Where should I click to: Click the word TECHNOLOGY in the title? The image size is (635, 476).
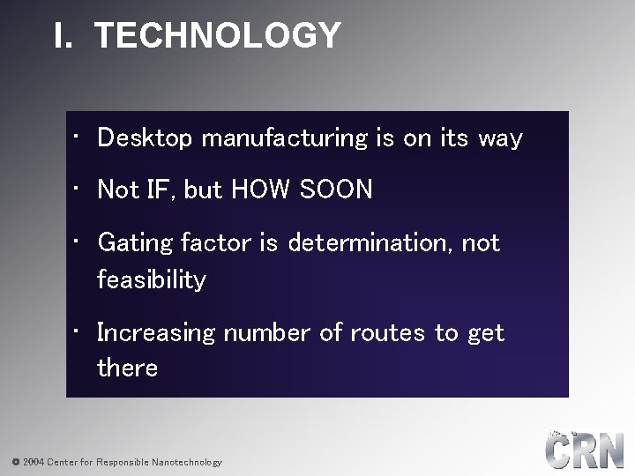point(217,36)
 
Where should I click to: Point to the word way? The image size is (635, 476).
point(500,139)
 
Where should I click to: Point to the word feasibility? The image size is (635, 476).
point(152,280)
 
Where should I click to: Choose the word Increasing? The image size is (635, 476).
point(156,333)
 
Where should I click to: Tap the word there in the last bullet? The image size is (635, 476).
point(127,368)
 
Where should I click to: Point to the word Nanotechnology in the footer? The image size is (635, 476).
point(186,462)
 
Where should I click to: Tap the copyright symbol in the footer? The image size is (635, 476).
point(15,462)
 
